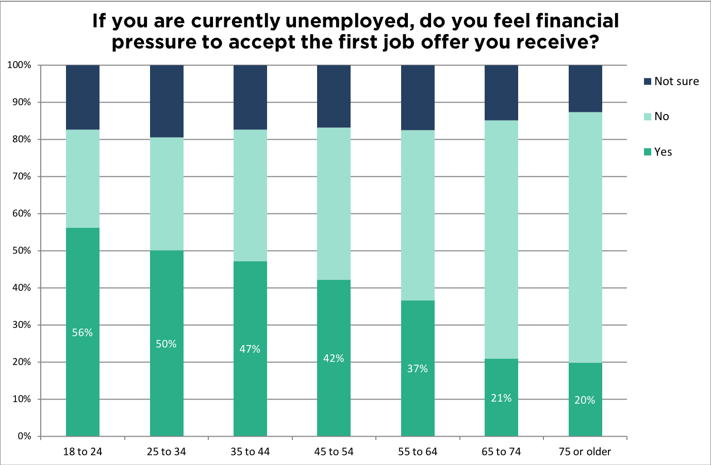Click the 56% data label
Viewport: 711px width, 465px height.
[x=82, y=333]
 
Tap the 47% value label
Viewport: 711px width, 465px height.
[x=250, y=349]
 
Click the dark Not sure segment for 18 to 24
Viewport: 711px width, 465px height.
[x=82, y=97]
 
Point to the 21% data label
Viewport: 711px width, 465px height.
[x=501, y=398]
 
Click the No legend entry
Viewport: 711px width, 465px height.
[x=661, y=117]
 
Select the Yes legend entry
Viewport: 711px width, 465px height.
[x=663, y=152]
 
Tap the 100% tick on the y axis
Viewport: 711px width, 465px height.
[x=20, y=65]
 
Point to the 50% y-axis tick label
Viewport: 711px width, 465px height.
[x=22, y=251]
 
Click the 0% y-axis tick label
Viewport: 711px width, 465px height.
[x=24, y=436]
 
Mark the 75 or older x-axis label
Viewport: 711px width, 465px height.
[x=585, y=452]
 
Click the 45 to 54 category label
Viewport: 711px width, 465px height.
[x=334, y=452]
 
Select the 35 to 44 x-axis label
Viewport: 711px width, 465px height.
[x=250, y=452]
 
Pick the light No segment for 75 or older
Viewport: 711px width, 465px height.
[x=585, y=237]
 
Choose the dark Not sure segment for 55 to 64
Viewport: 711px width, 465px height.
[x=418, y=97]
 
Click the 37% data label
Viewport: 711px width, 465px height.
[x=418, y=369]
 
